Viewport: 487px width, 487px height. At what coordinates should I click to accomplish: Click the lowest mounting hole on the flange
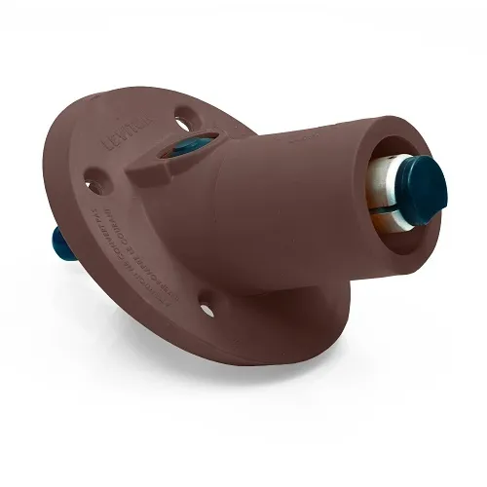pos(207,310)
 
